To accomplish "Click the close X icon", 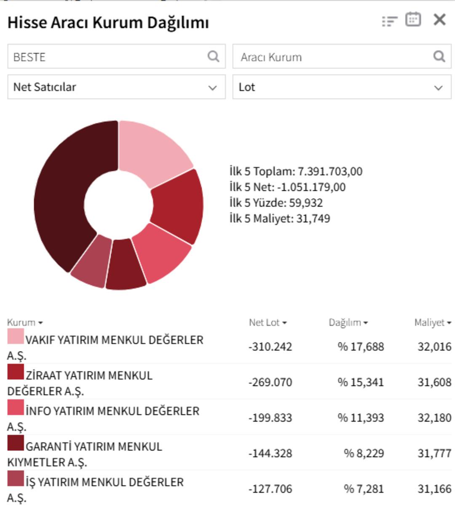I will click(x=439, y=20).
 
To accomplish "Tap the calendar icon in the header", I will click(x=413, y=20).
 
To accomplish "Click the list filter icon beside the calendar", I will click(x=390, y=21).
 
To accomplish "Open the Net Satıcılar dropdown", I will click(x=116, y=87).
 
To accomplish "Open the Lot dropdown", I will click(x=342, y=87).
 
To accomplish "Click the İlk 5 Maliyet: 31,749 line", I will click(x=280, y=218).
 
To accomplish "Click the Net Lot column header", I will click(x=268, y=322).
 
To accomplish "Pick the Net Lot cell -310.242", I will click(x=270, y=347).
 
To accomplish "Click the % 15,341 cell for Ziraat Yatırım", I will click(x=361, y=382).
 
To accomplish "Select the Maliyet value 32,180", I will click(x=434, y=418).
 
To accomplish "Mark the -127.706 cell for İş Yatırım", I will click(x=270, y=489).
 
